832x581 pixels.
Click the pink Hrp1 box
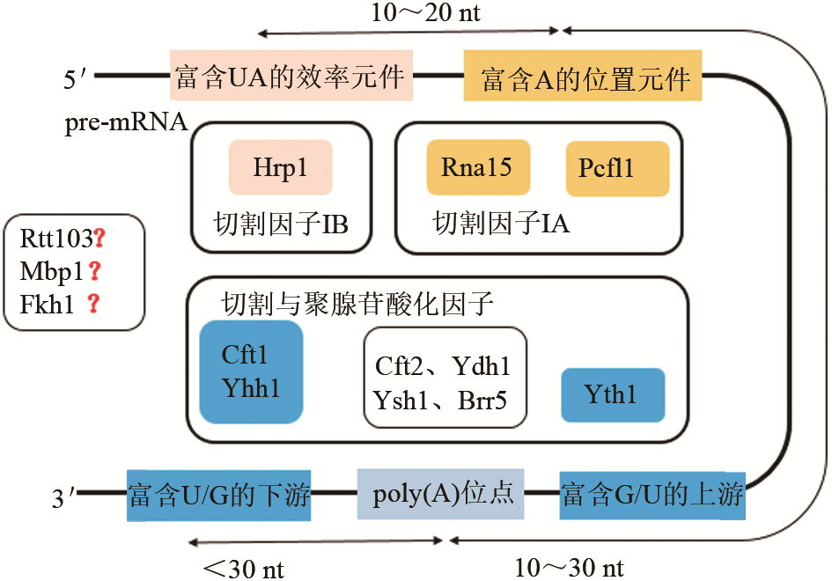point(280,167)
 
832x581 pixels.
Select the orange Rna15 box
point(476,167)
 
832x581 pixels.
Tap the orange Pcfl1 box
point(616,168)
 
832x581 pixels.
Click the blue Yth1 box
point(612,394)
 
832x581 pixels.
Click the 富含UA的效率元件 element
point(291,76)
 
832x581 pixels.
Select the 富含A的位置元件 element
point(583,77)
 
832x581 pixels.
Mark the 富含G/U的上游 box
point(652,495)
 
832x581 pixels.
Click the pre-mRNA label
point(125,122)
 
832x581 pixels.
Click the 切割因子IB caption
point(281,224)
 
